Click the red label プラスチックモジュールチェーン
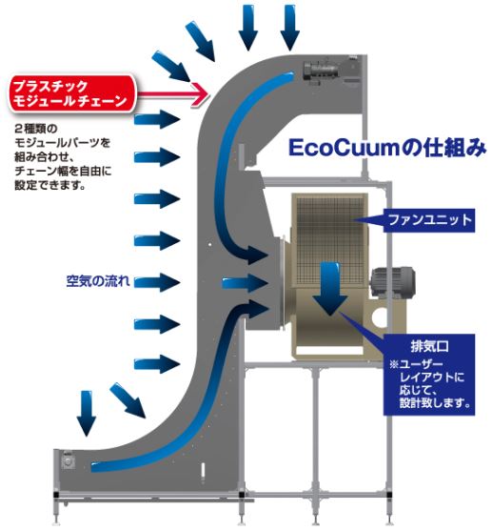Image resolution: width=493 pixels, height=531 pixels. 71,93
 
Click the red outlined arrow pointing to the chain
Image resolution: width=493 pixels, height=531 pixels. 173,93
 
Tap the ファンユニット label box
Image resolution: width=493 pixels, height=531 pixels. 428,220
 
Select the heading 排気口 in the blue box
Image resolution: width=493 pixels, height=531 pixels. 429,346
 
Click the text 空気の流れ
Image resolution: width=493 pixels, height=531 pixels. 98,281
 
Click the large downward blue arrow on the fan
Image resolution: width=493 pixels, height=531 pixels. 329,289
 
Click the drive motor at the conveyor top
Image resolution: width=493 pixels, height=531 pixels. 320,71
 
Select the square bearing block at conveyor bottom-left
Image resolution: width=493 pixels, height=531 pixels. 69,461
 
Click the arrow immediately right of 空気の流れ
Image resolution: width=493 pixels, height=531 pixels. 157,282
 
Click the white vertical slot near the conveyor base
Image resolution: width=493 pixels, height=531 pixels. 203,471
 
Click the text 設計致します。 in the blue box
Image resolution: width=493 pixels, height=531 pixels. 436,403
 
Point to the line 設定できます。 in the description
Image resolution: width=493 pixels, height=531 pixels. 49,185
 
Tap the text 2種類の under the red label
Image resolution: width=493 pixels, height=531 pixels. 36,129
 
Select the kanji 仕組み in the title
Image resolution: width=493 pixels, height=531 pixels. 454,148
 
